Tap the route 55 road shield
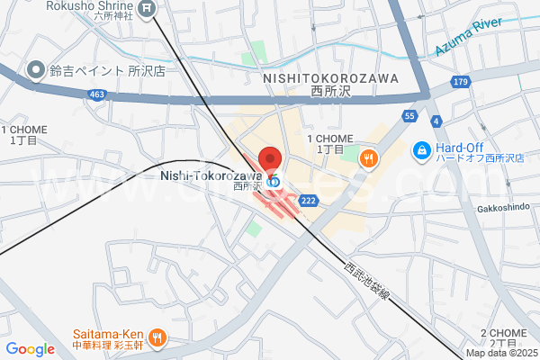[409, 116]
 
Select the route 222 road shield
[308, 201]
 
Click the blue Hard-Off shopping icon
[420, 148]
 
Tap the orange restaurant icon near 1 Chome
[368, 159]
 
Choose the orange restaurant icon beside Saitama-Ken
[158, 338]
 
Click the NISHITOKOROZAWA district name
[330, 79]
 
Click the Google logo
[30, 349]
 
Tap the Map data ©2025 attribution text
[501, 353]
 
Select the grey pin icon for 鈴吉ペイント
[36, 68]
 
